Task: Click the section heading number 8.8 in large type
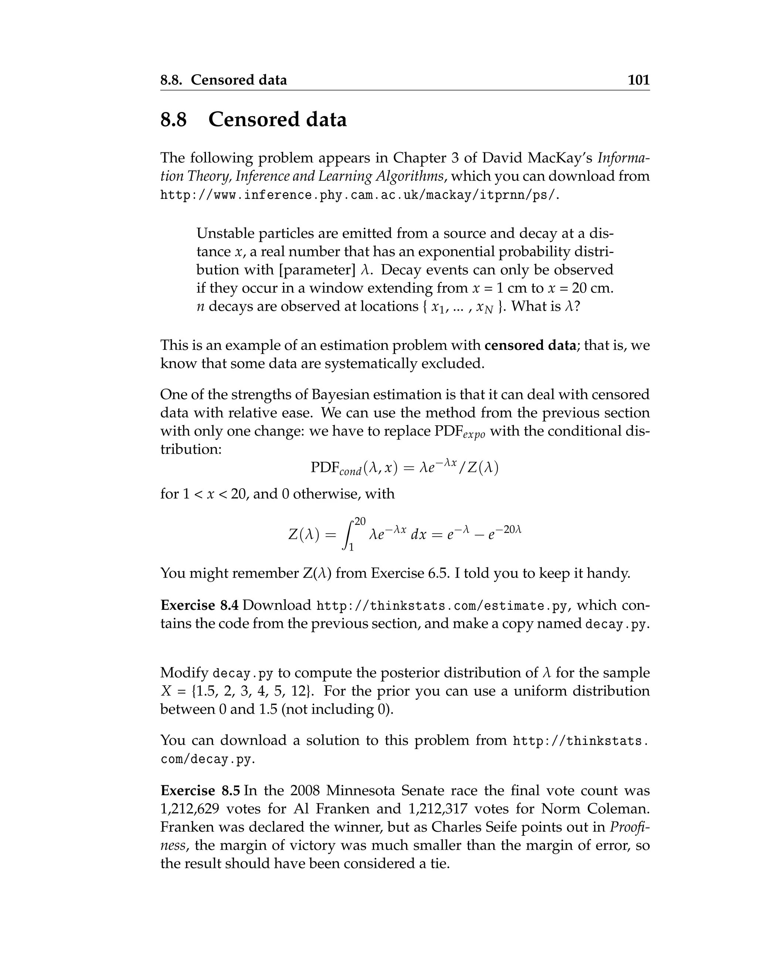coord(174,120)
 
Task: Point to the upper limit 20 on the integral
coord(360,521)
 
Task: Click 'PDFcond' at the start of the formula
coord(336,469)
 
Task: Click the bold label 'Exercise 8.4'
coord(200,605)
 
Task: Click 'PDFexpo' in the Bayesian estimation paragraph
coord(460,432)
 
